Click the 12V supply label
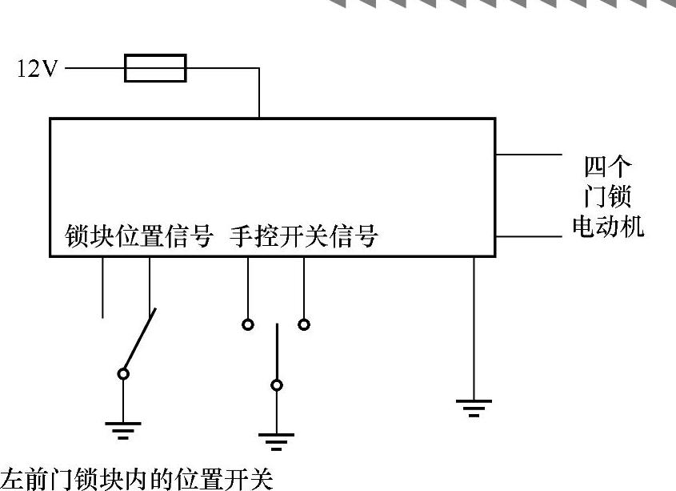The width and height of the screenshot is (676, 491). (x=38, y=69)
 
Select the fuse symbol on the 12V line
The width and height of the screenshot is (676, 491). (x=156, y=68)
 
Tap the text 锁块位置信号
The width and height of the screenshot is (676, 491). (x=139, y=237)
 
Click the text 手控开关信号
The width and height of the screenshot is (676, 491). (x=303, y=237)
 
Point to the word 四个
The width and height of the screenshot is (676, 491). (x=607, y=167)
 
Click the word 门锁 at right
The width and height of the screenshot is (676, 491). (x=607, y=197)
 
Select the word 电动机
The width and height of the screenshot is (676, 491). (x=607, y=227)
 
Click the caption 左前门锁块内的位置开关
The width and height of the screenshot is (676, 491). (x=137, y=479)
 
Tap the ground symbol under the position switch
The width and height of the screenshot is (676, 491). (x=122, y=431)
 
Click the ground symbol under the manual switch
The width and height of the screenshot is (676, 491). (x=276, y=441)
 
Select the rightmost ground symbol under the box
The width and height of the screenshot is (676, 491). (x=474, y=407)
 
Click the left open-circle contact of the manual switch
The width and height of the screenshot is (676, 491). (x=248, y=324)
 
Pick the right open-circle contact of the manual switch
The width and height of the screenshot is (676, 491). (x=304, y=324)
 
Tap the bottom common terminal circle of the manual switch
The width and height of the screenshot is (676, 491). (x=277, y=385)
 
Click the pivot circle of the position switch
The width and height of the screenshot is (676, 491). (x=123, y=373)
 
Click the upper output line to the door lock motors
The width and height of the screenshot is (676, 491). (x=529, y=154)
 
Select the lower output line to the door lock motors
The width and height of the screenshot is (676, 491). (x=529, y=237)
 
